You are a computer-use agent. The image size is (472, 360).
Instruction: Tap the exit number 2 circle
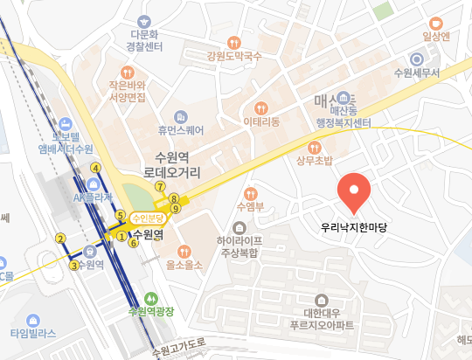coord(61,239)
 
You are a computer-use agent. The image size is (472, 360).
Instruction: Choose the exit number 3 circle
coord(75,266)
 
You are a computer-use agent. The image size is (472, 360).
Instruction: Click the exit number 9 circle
coord(176,209)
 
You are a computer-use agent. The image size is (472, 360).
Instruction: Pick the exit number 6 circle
coord(134,244)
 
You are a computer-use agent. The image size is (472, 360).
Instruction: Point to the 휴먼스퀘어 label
coord(181,130)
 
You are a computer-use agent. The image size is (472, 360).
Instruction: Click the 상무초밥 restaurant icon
coord(315,145)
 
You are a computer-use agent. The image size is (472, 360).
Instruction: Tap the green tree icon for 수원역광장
coord(150,297)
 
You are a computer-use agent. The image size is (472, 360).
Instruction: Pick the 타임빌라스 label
coord(33,333)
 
